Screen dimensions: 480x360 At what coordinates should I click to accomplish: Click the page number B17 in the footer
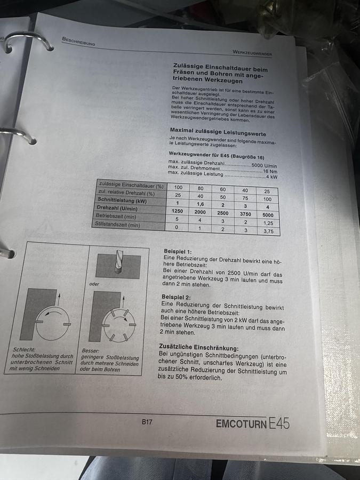147,422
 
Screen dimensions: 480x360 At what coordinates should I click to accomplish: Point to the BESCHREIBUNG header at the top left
78,41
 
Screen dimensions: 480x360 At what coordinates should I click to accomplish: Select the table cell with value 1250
178,211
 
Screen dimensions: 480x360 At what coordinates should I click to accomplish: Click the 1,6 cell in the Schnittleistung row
201,204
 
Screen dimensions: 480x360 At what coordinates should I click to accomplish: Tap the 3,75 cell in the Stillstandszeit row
268,231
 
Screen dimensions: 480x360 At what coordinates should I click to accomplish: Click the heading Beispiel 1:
178,251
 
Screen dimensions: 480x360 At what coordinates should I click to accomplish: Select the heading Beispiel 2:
176,298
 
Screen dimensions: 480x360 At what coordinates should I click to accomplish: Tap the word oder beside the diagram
94,284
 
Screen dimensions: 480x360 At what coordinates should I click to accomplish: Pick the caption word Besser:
90,350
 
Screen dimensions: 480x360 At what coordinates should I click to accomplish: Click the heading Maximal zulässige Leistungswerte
218,132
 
